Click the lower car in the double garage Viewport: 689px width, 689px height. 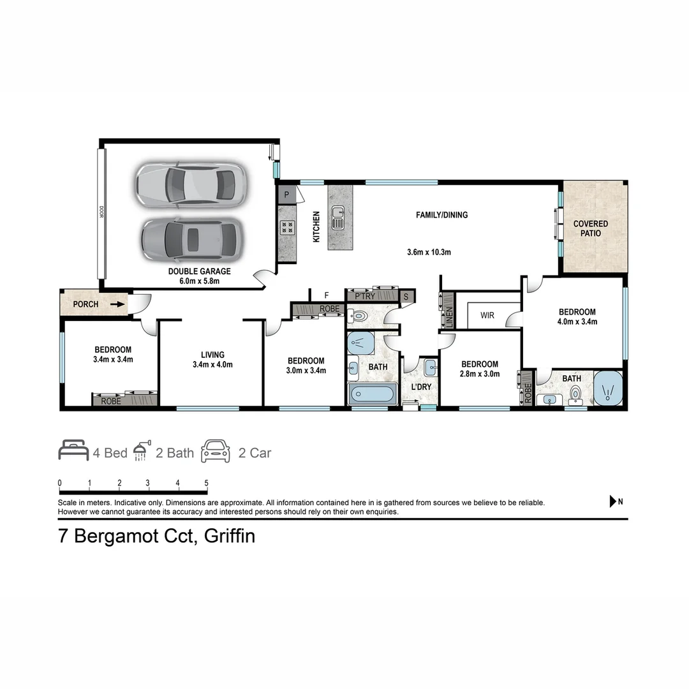(x=192, y=239)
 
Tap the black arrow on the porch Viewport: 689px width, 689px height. (x=117, y=304)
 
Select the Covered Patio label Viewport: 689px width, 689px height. (x=591, y=228)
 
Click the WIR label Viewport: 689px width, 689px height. (x=487, y=315)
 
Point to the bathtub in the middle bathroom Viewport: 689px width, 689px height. (x=372, y=394)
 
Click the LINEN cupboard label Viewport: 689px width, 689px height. (x=449, y=318)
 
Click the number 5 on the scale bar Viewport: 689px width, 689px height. (x=206, y=483)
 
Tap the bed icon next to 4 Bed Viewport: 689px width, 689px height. (x=73, y=450)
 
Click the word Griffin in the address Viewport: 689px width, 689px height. (x=229, y=536)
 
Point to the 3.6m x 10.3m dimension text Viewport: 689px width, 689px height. (x=429, y=252)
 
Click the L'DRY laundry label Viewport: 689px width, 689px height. (x=422, y=387)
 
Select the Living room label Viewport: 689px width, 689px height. (x=212, y=355)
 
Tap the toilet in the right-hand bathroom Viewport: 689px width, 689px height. (x=575, y=394)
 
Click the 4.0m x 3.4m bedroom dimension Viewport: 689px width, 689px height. (x=577, y=322)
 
